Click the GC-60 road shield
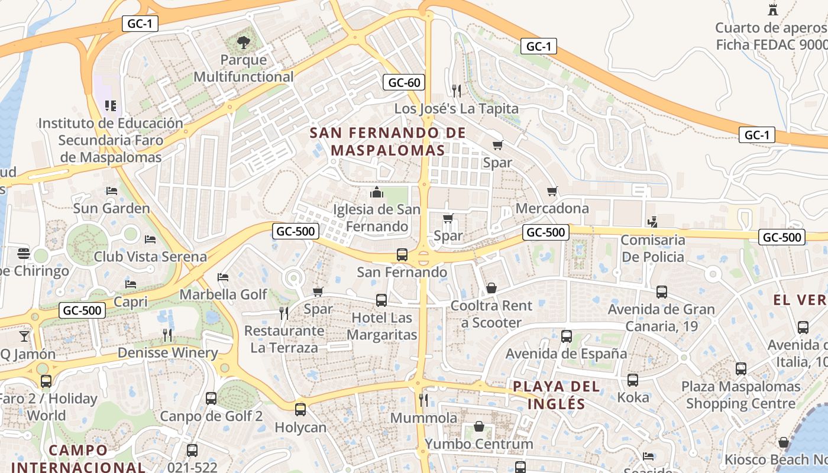tap(405, 82)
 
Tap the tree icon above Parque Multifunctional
tap(243, 42)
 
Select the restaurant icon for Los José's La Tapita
tap(456, 90)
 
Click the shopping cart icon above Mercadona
tap(552, 191)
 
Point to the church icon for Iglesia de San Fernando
tap(376, 192)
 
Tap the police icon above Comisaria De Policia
tap(652, 222)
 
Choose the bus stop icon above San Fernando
tap(402, 255)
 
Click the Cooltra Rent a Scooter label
tap(491, 314)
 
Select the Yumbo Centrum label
tap(479, 443)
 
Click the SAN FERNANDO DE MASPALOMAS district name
tap(388, 141)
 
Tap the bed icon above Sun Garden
tap(111, 190)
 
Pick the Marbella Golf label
tap(224, 294)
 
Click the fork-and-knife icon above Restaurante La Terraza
tap(284, 313)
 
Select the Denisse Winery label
tap(168, 353)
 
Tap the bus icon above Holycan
tap(300, 409)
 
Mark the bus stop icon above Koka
tap(633, 380)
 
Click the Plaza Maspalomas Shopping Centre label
tap(741, 395)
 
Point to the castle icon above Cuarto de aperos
tap(772, 9)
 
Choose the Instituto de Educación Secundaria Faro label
tap(111, 140)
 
